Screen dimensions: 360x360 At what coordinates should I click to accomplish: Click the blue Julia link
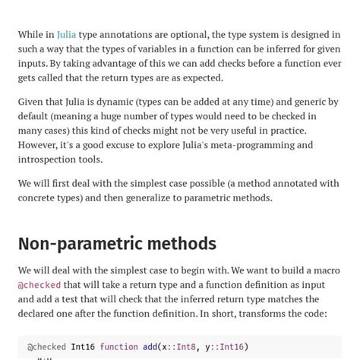66,34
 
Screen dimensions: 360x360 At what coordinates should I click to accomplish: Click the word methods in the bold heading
181,244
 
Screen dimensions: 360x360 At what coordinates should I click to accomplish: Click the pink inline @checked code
39,285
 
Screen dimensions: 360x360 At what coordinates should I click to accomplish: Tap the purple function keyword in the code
118,347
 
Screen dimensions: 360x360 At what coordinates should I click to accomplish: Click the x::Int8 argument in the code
178,347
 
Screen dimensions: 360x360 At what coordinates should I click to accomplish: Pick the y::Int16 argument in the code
225,347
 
